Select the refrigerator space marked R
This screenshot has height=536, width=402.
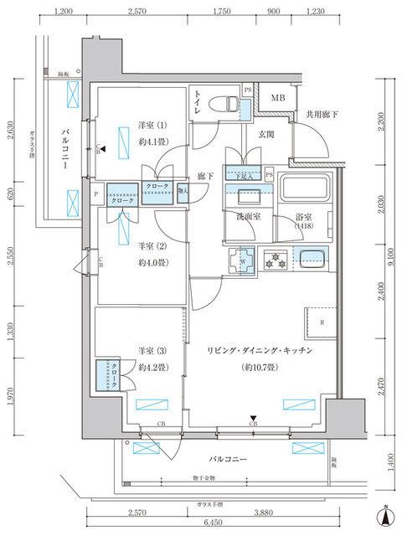[x=322, y=322]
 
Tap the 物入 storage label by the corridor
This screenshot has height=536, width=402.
[x=183, y=189]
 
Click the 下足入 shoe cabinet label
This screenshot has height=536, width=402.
[x=244, y=175]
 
